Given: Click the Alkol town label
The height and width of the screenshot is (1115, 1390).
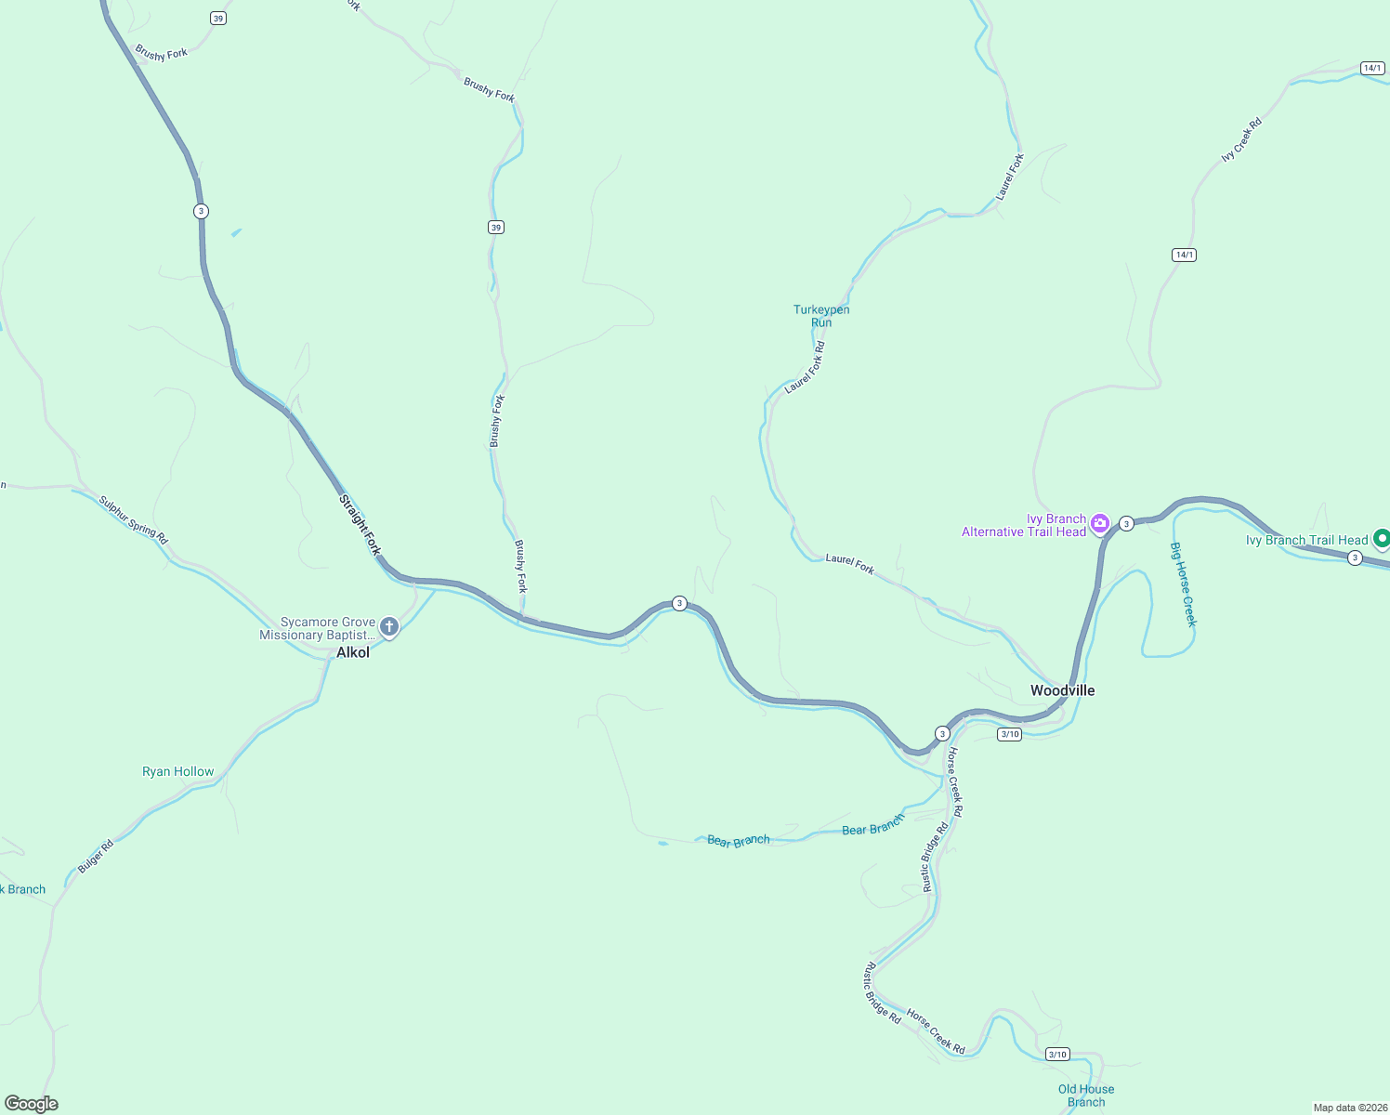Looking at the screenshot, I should [x=353, y=653].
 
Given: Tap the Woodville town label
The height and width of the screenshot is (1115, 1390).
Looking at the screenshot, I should [x=1062, y=690].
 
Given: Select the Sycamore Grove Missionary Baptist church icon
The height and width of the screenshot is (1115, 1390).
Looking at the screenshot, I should [x=389, y=628].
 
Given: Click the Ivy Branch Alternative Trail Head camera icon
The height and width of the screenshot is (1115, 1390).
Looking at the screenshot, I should [x=1100, y=524].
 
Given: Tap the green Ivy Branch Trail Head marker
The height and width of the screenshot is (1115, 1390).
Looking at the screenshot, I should [x=1382, y=538].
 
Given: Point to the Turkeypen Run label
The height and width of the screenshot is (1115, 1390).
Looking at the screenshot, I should [x=821, y=316].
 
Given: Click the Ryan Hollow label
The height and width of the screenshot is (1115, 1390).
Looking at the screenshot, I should [x=178, y=771].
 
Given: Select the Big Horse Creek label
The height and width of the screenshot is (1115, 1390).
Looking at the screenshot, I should [x=1183, y=584].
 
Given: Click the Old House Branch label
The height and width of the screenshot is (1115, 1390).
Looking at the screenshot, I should [x=1086, y=1095].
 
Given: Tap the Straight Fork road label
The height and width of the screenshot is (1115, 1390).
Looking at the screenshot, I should [x=360, y=525].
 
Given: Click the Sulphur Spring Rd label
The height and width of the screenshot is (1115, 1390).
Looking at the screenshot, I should [x=134, y=521].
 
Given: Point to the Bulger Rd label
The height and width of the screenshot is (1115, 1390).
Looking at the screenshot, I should [x=96, y=856].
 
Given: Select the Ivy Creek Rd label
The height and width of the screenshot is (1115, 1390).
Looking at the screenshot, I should [x=1241, y=140].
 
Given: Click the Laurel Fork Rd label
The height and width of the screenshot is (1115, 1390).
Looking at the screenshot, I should [x=805, y=368].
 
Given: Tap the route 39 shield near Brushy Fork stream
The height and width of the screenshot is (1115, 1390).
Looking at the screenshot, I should [x=496, y=228].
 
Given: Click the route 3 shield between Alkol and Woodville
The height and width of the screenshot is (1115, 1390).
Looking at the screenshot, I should [x=679, y=604].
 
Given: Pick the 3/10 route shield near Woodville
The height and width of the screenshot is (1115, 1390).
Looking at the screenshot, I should [x=1010, y=734].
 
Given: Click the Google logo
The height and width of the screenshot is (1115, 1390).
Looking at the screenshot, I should [x=32, y=1104].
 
